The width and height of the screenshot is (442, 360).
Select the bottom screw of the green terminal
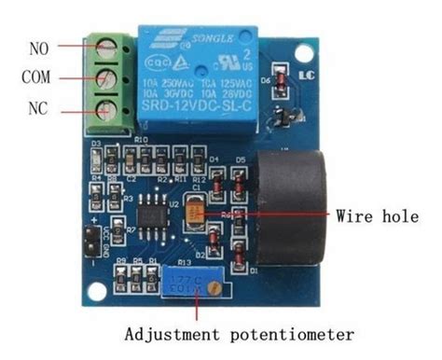point(108,107)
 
